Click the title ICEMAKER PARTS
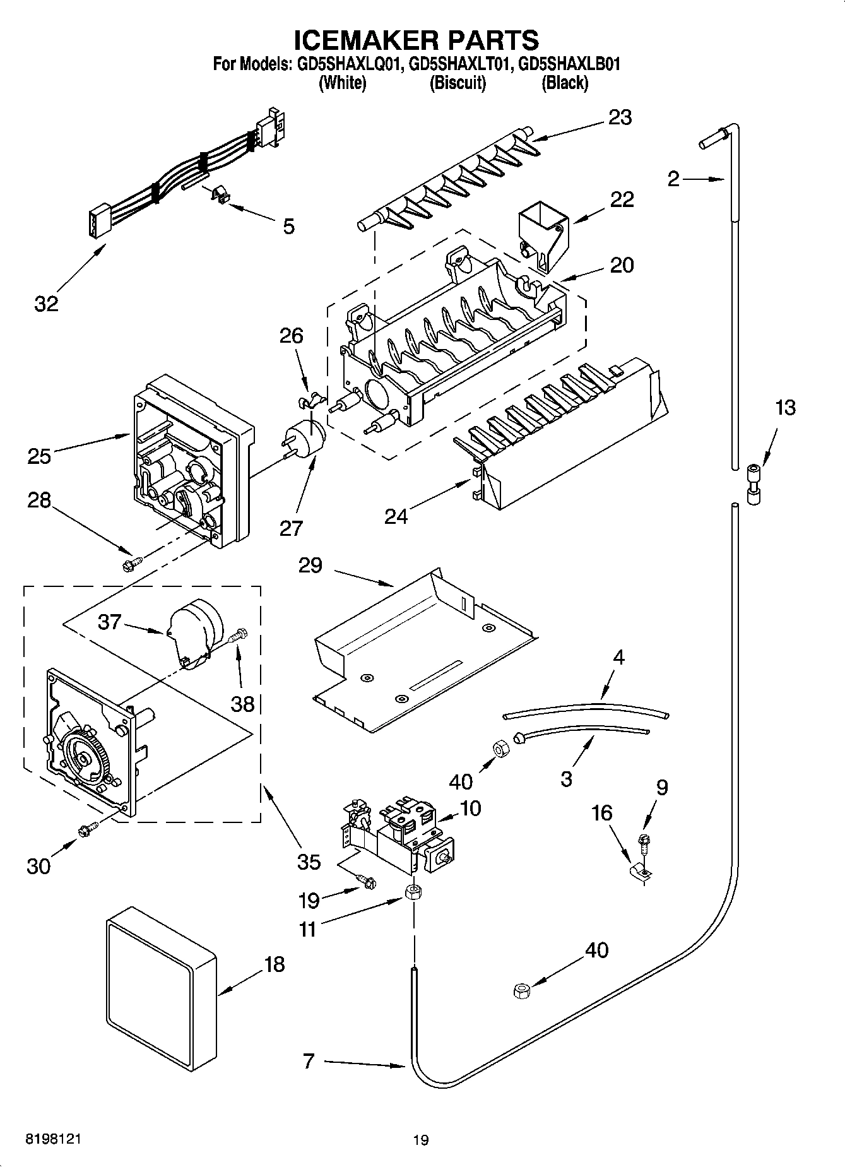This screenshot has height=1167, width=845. (x=417, y=39)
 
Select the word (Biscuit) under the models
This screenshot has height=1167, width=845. (x=458, y=83)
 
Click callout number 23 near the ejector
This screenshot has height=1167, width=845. (x=620, y=117)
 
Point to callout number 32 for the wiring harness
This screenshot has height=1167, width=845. (x=46, y=304)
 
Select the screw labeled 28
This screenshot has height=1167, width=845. (x=132, y=562)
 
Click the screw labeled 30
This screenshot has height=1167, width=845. (x=86, y=830)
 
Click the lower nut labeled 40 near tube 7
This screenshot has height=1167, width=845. (x=522, y=990)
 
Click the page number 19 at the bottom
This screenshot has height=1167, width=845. (x=421, y=1140)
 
